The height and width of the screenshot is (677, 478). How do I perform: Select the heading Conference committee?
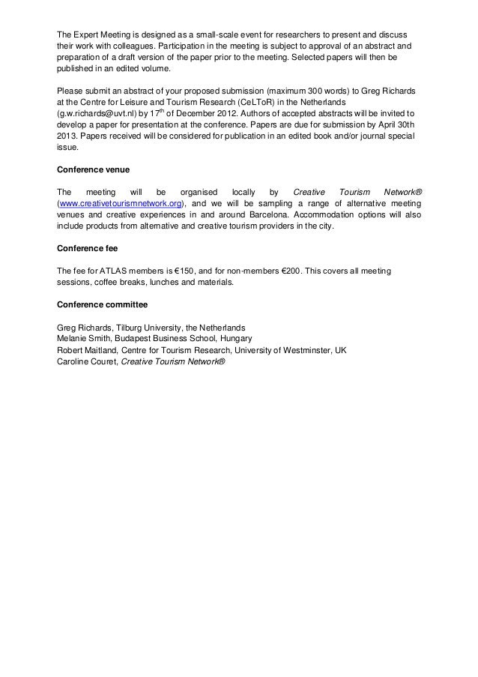click(x=102, y=304)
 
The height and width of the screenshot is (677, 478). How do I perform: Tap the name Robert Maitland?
click(x=87, y=349)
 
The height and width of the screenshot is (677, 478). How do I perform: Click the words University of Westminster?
click(x=282, y=349)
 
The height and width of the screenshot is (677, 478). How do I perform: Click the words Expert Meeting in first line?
click(x=101, y=34)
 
